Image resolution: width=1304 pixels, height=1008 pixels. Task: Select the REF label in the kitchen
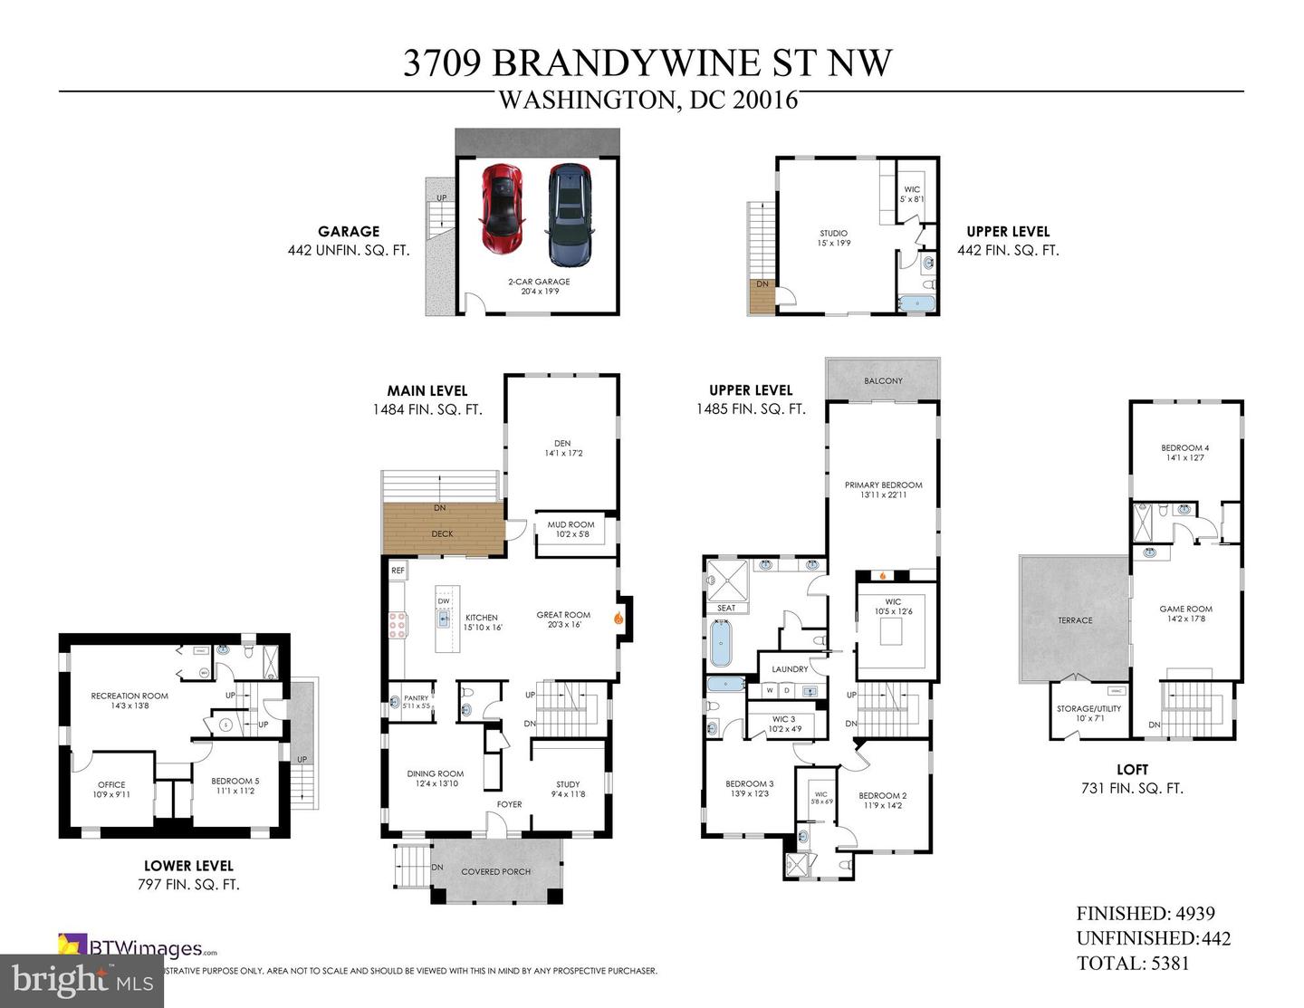point(398,571)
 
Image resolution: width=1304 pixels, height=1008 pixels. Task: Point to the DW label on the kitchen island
point(444,601)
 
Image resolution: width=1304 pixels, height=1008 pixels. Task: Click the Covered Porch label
point(495,872)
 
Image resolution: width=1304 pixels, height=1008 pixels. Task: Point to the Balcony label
point(883,381)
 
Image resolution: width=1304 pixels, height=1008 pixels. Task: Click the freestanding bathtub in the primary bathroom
point(721,645)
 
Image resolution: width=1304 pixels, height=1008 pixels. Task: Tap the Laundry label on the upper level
point(790,669)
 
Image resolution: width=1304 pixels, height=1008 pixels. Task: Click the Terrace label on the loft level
point(1075,620)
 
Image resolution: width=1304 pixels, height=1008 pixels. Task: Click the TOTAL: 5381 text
point(1132,964)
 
